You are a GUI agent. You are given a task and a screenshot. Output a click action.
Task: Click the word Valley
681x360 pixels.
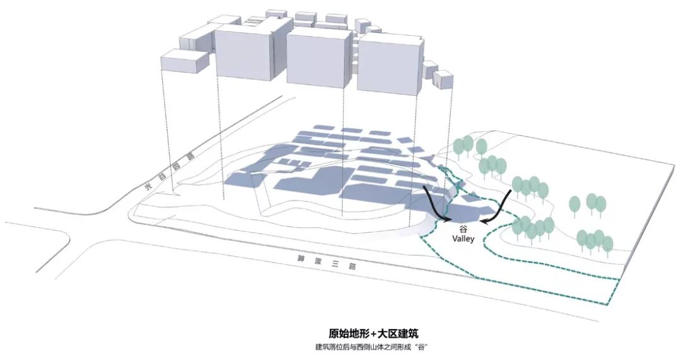pos(463,240)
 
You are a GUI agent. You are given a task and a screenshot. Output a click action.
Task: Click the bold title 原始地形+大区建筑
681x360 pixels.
pos(373,334)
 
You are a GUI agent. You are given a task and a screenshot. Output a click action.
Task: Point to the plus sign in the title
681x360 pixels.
pos(382,334)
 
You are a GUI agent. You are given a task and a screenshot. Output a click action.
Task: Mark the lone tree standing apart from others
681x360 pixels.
pos(574,206)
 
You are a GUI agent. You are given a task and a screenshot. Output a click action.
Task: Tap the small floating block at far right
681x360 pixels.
pos(443,81)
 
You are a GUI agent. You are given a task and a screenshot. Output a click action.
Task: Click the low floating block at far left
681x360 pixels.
pos(183,65)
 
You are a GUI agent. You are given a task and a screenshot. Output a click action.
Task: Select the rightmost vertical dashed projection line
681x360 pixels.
pos(452,126)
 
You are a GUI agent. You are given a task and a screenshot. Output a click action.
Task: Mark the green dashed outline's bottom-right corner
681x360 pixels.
pos(608,305)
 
